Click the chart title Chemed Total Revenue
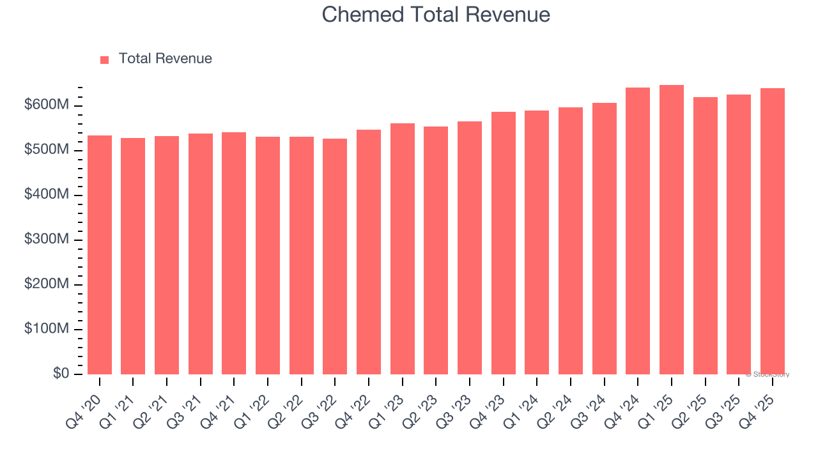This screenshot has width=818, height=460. (x=436, y=14)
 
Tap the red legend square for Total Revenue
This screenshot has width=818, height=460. (x=105, y=59)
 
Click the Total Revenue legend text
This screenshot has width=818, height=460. (x=165, y=59)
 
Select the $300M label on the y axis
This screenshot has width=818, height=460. (x=46, y=240)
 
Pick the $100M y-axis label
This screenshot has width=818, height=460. (x=46, y=329)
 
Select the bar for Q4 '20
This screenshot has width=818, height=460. (x=100, y=256)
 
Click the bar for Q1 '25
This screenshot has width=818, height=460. (x=672, y=230)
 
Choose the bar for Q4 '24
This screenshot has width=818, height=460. (x=638, y=231)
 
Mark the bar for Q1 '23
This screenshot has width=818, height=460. (x=403, y=249)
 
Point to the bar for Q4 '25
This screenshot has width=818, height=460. (x=773, y=231)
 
